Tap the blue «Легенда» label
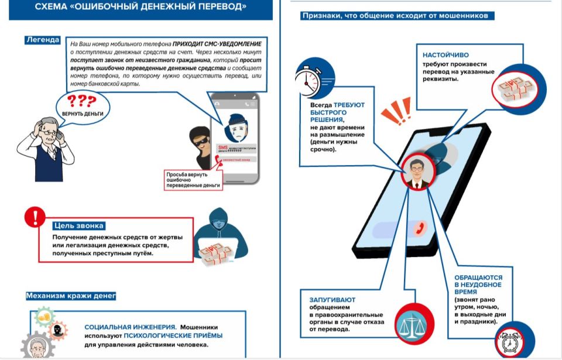43,40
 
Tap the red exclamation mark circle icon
35,217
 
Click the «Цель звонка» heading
80,225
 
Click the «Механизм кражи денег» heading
71,296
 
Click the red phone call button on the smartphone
419,228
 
